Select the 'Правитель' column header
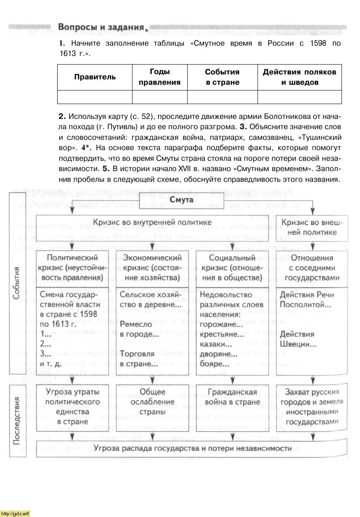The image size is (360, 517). [x=95, y=77]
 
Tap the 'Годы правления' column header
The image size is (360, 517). [x=160, y=77]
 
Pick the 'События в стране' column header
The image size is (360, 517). [x=222, y=77]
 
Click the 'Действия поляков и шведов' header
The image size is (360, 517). [x=300, y=77]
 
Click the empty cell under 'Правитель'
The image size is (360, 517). [x=95, y=97]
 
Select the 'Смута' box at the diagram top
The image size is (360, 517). [x=182, y=200]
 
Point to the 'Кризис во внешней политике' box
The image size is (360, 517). [x=314, y=227]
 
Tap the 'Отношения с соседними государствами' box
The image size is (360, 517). [x=312, y=268]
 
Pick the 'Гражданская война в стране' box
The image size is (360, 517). [x=232, y=397]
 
